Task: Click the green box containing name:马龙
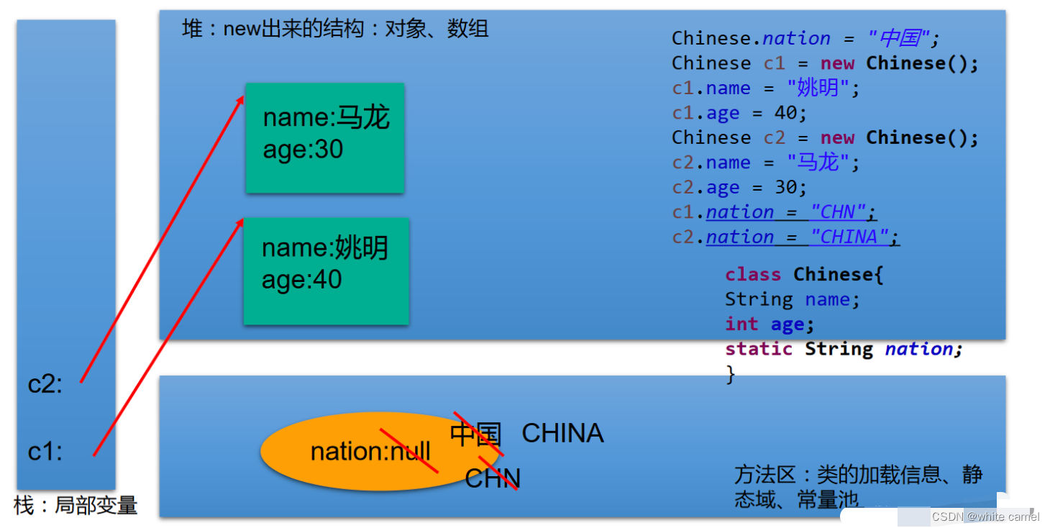324,138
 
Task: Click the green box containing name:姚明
326,270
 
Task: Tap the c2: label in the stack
45,385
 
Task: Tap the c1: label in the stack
45,452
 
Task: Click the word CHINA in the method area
562,433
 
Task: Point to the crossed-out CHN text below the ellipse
492,478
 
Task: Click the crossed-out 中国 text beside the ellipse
475,434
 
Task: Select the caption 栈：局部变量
76,505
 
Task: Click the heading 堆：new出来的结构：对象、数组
335,29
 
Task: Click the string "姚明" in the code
813,88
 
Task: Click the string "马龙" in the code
813,163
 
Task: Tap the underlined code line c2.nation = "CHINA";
786,237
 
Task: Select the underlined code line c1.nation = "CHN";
775,212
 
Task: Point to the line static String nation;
844,350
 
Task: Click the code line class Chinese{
804,275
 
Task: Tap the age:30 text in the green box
303,150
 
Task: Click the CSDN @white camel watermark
985,516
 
